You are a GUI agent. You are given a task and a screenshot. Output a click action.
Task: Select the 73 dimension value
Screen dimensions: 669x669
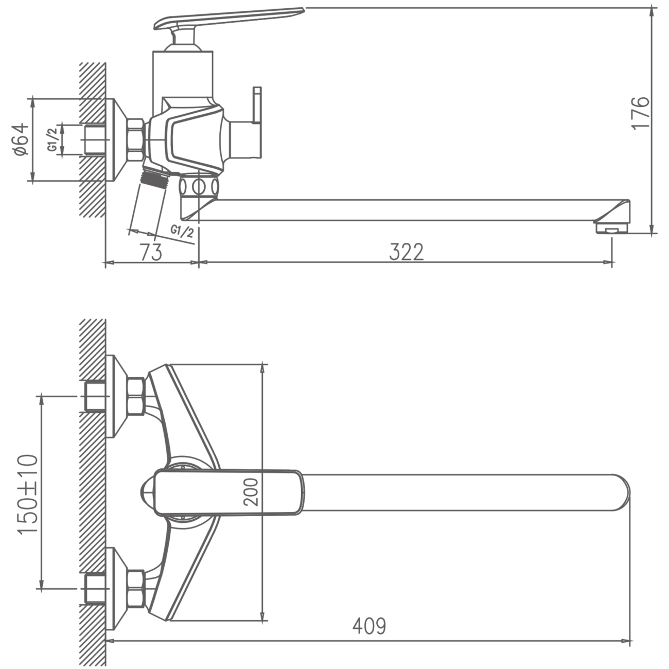[151, 252]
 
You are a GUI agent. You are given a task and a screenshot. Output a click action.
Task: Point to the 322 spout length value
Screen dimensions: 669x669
[406, 252]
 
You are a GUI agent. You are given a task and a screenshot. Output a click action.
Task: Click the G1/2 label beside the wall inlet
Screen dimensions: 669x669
[52, 139]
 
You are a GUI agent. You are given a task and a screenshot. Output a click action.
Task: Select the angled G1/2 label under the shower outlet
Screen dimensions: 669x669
[182, 231]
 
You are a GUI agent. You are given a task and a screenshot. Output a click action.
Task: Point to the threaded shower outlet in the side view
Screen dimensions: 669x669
[155, 177]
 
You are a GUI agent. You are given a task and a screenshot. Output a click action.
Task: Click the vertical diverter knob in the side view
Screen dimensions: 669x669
[257, 105]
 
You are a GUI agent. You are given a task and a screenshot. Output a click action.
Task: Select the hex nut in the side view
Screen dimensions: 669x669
[136, 140]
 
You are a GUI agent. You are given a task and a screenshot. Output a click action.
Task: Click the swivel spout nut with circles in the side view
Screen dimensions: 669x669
[199, 187]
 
